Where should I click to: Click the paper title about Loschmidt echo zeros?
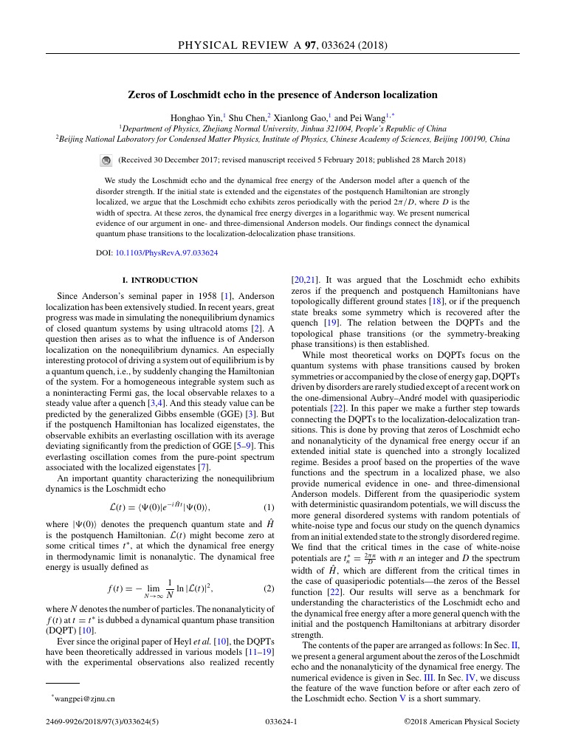pyautogui.click(x=283, y=94)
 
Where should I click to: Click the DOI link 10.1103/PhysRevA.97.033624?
pyautogui.click(x=166, y=252)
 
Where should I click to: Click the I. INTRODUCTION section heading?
pyautogui.click(x=159, y=280)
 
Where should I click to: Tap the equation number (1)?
pyautogui.click(x=269, y=507)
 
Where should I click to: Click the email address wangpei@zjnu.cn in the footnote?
pyautogui.click(x=85, y=698)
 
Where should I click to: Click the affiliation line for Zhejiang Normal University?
pyautogui.click(x=283, y=128)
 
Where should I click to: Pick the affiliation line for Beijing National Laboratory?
pyautogui.click(x=283, y=138)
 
